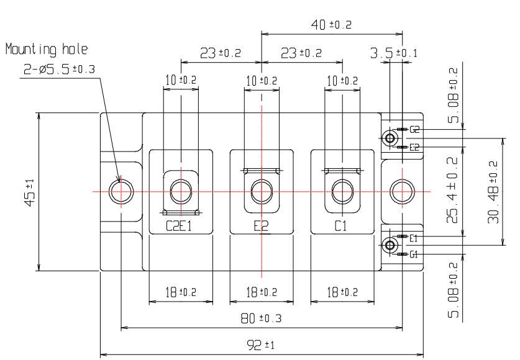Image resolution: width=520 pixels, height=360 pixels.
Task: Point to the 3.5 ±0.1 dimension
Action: point(393,53)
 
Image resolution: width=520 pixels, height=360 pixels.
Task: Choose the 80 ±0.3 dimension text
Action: point(261,318)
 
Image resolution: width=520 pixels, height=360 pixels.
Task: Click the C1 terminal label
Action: point(341,227)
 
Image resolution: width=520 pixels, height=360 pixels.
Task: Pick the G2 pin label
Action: point(414,130)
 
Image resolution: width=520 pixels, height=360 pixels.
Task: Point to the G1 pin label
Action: point(414,254)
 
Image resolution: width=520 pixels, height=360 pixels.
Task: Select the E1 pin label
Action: point(414,237)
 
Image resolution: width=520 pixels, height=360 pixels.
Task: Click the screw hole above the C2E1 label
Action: point(180,191)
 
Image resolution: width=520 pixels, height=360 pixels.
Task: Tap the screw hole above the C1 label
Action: point(341,191)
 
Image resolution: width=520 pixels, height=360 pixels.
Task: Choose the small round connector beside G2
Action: point(391,138)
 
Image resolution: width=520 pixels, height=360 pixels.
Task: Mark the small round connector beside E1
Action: point(390,245)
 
